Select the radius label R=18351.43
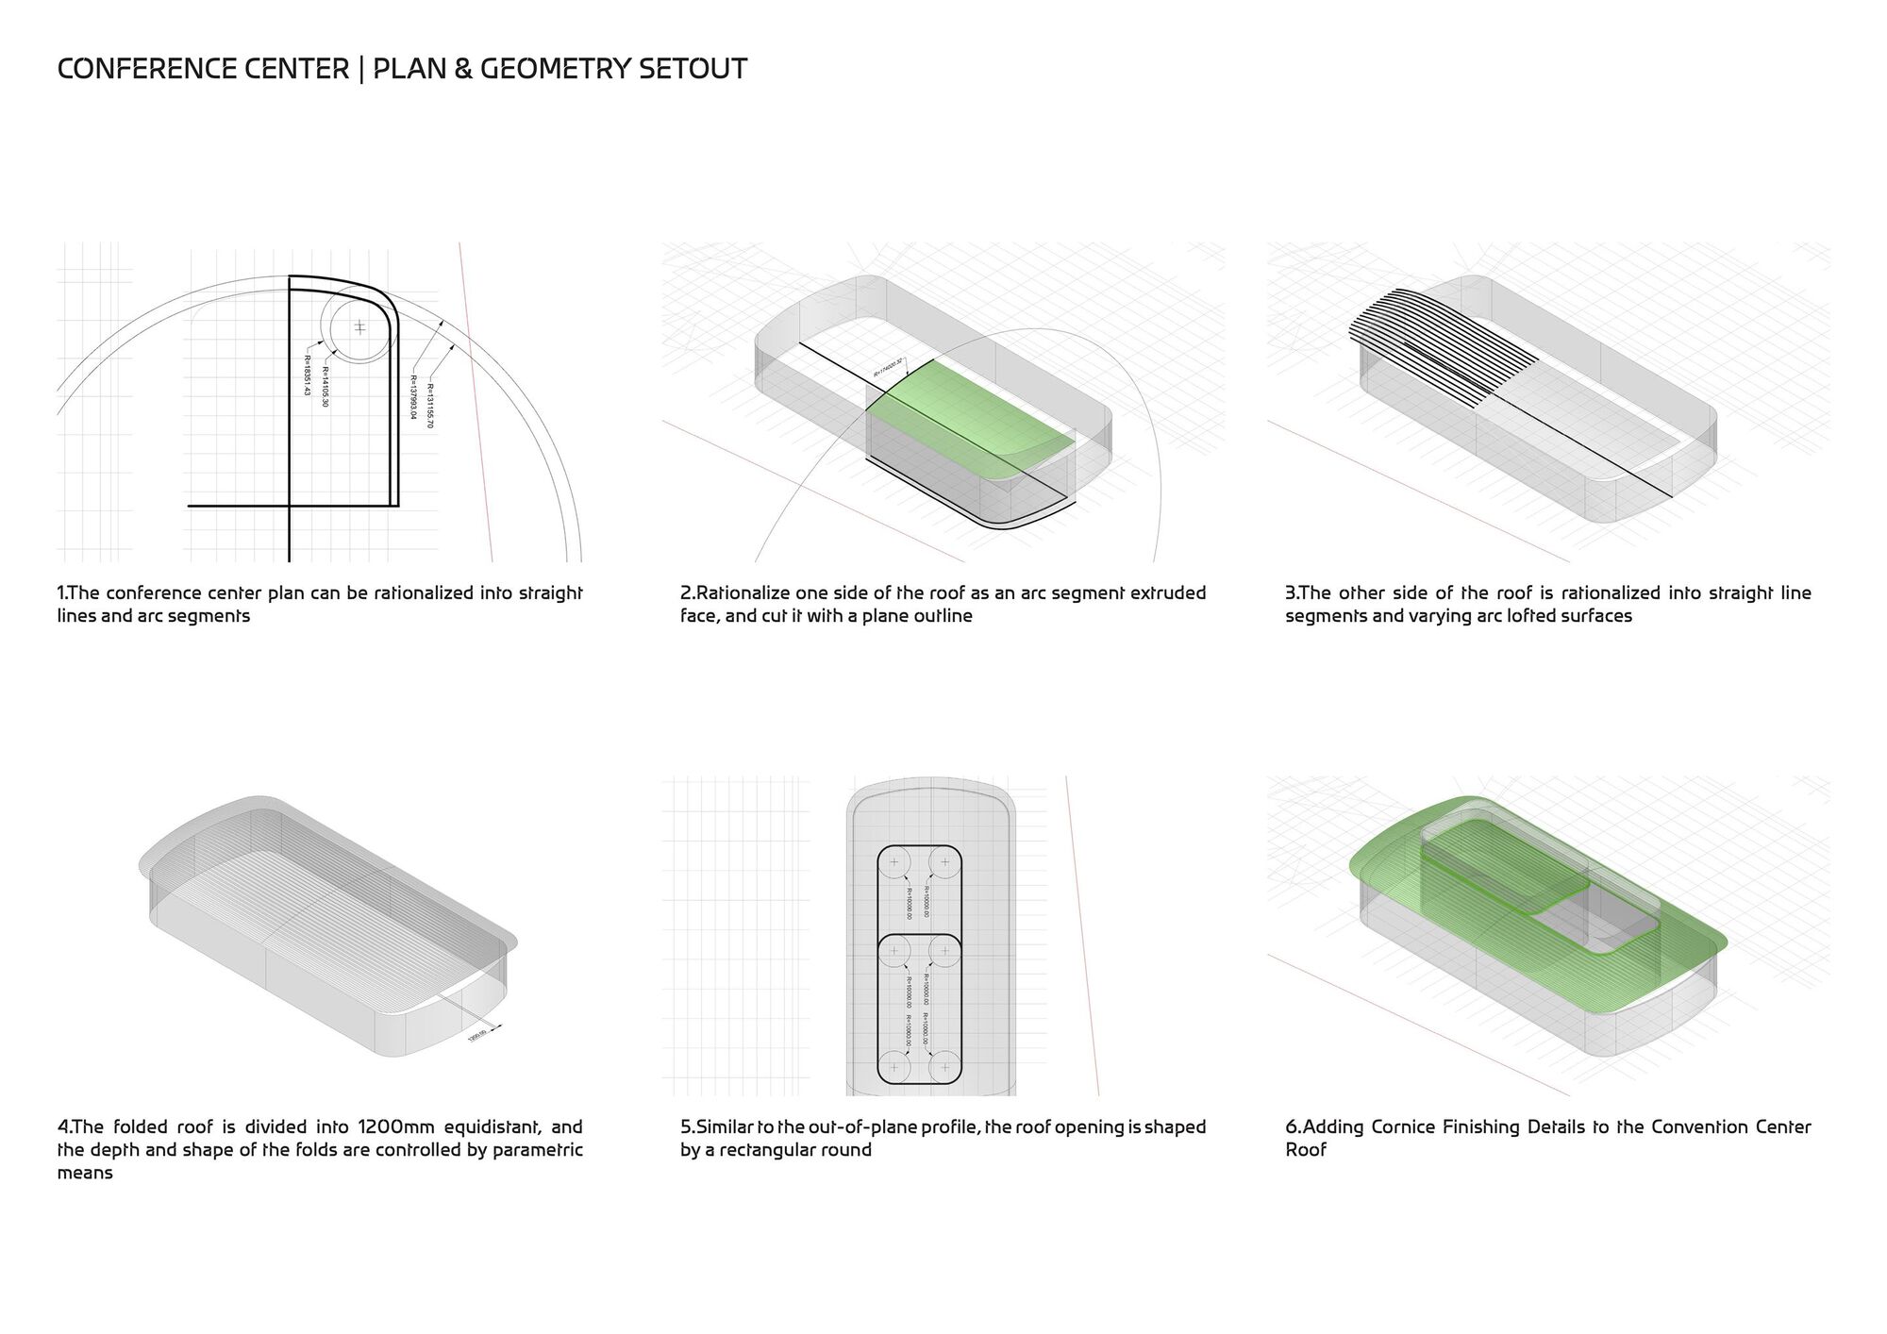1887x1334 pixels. point(308,375)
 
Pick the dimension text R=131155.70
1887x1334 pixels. point(430,406)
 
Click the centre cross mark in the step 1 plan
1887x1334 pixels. point(359,327)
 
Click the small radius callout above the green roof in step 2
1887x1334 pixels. point(889,367)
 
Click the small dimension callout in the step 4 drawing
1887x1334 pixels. point(477,1036)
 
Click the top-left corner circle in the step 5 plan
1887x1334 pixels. point(893,862)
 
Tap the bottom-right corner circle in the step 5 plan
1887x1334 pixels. point(944,1067)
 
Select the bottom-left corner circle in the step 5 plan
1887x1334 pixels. point(893,1067)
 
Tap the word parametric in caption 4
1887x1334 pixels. point(538,1150)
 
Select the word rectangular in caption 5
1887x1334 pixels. point(766,1150)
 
